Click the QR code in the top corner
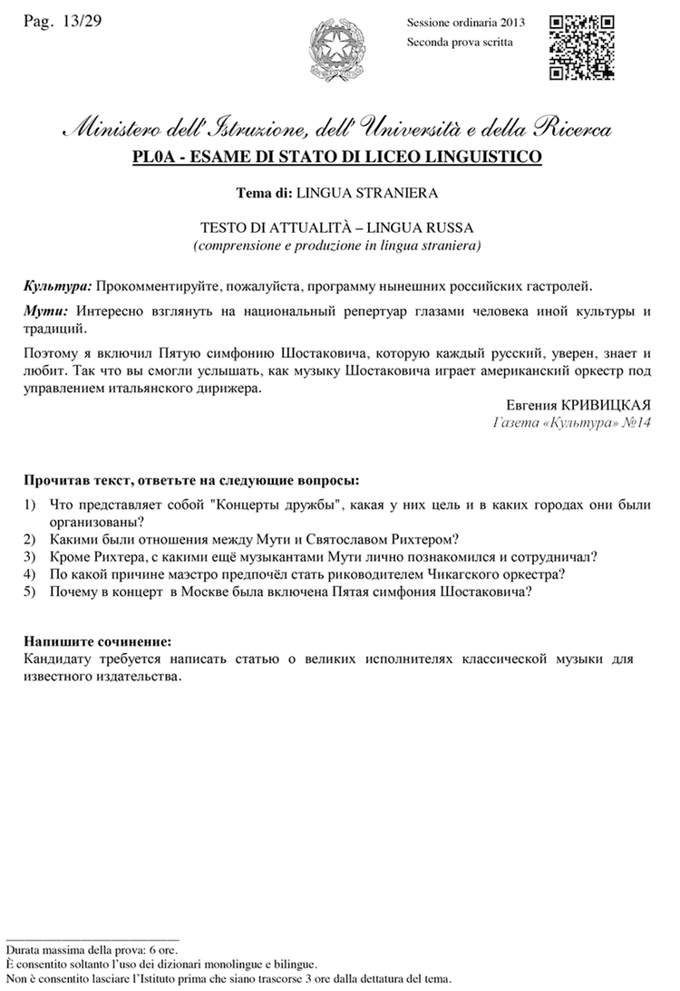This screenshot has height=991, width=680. (583, 47)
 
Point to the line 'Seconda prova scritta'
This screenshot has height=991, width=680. (460, 42)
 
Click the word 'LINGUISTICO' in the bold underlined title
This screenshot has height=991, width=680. (486, 157)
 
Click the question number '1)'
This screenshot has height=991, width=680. (30, 504)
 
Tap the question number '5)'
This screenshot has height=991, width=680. (30, 592)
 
